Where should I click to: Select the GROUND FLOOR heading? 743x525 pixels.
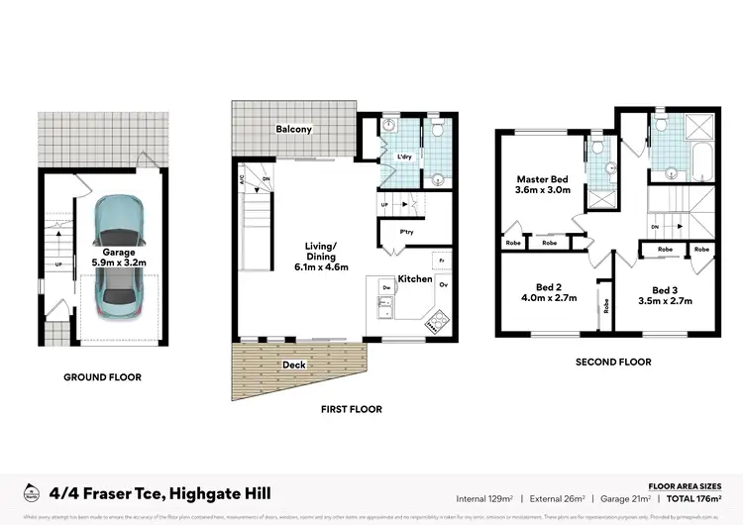(x=102, y=377)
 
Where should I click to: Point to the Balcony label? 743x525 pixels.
(x=294, y=130)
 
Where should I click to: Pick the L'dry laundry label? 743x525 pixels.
(x=404, y=157)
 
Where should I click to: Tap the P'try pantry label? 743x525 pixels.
(x=406, y=233)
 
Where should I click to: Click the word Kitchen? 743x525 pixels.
(x=414, y=280)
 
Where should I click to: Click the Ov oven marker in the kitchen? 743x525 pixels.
(x=442, y=286)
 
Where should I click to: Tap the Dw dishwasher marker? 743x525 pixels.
(x=384, y=286)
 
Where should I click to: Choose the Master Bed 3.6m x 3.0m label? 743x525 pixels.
(x=543, y=185)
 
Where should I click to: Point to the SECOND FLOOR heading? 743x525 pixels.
(x=613, y=363)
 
